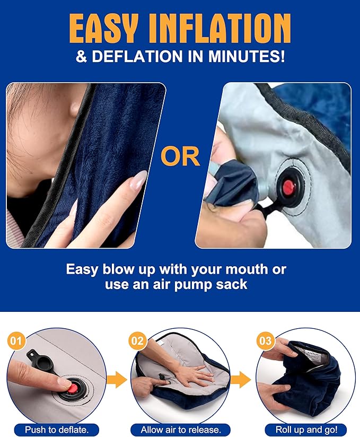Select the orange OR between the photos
[x=180, y=157]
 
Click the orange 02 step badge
[x=137, y=340]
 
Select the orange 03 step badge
[x=265, y=340]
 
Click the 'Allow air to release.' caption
[x=180, y=428]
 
